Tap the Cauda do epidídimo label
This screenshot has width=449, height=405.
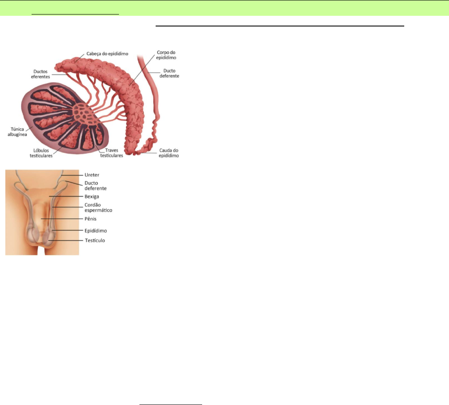coord(168,153)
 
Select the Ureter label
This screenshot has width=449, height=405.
coord(91,175)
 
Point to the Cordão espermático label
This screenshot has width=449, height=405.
coord(98,207)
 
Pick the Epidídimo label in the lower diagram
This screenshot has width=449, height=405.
coord(95,230)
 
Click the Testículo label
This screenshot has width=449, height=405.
coord(94,240)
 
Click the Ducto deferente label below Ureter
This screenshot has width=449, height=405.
coord(96,185)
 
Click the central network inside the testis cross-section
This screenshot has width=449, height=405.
coord(80,114)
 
